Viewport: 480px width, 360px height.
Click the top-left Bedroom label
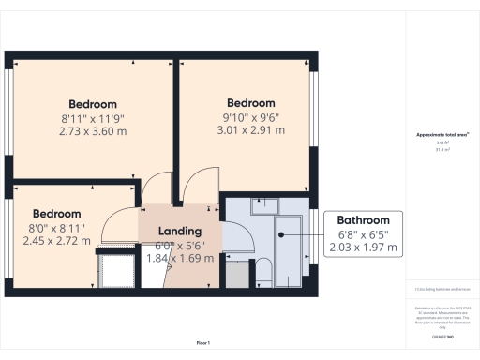(92, 104)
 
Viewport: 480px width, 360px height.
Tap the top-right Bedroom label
(251, 103)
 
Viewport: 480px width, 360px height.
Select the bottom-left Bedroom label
(56, 214)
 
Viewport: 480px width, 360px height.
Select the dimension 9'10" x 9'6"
(251, 118)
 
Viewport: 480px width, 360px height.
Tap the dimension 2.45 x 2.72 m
(56, 241)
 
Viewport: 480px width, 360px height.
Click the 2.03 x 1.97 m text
(363, 247)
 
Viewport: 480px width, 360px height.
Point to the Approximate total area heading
(443, 135)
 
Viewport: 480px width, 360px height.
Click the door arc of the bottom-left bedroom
(120, 225)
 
